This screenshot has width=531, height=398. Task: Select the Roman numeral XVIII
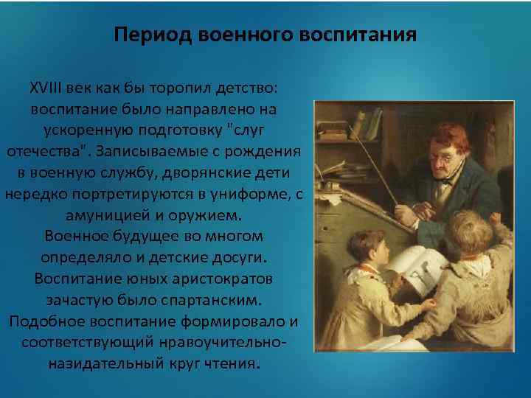46,88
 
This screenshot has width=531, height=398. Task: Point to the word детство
246,88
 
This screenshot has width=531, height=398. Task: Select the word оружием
213,215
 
